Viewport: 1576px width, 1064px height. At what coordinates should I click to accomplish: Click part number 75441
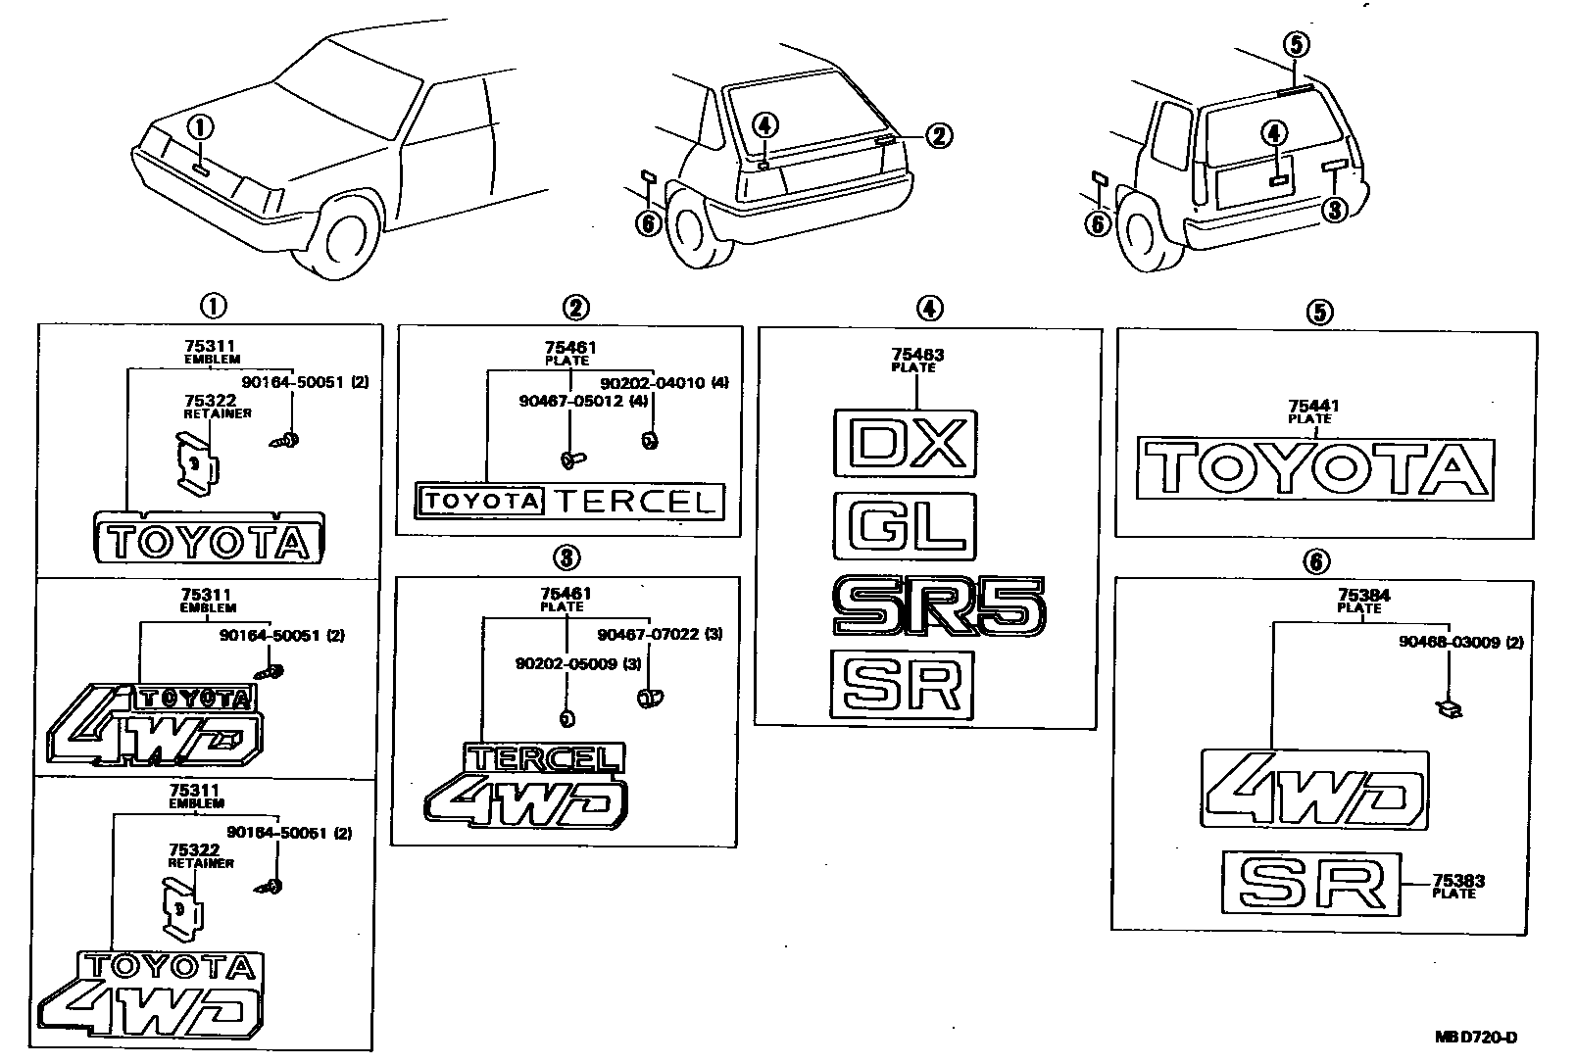click(x=1313, y=406)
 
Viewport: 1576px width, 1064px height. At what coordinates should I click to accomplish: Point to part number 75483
click(x=917, y=355)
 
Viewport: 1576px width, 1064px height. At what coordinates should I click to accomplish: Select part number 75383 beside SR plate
click(x=1457, y=881)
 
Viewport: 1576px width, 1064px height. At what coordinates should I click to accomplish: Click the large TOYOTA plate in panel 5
click(x=1315, y=470)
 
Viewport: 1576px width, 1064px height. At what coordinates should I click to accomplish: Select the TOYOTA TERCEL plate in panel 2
click(x=569, y=502)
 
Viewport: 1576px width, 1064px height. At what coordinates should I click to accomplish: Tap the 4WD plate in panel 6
click(x=1313, y=790)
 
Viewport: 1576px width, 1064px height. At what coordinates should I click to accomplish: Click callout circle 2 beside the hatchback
click(x=938, y=136)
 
